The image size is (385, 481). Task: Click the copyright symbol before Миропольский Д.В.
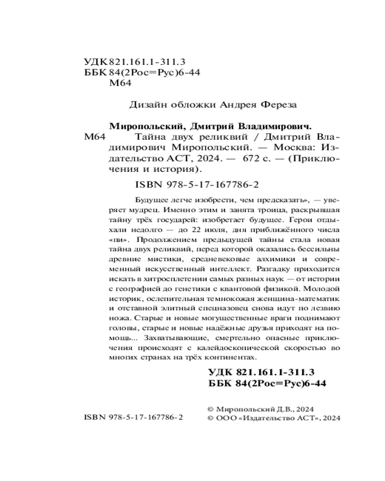[210, 408]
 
